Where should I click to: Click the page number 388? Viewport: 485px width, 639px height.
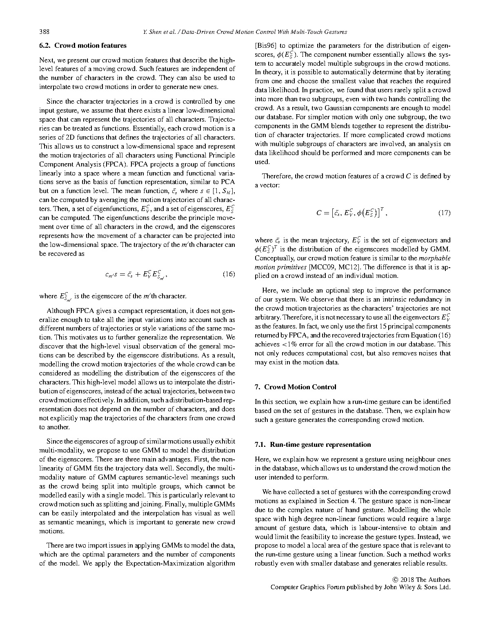44,32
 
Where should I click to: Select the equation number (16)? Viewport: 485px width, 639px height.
229,274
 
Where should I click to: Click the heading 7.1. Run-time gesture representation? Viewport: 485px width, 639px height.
313,444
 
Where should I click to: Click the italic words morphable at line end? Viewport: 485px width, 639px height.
434,258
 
